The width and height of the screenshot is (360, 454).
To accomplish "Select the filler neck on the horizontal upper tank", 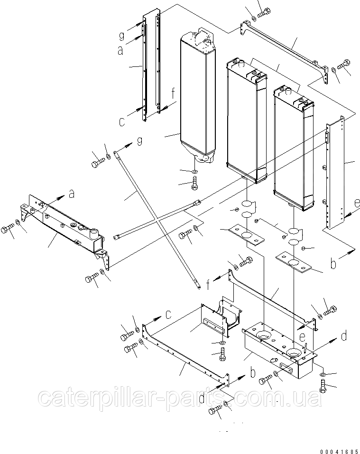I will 92,234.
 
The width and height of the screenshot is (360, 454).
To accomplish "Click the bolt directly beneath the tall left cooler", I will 195,183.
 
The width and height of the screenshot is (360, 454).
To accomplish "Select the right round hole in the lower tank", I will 293,352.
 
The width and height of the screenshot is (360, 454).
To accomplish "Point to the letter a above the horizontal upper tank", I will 72,193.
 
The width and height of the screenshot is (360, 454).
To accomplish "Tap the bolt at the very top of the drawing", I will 263,11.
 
